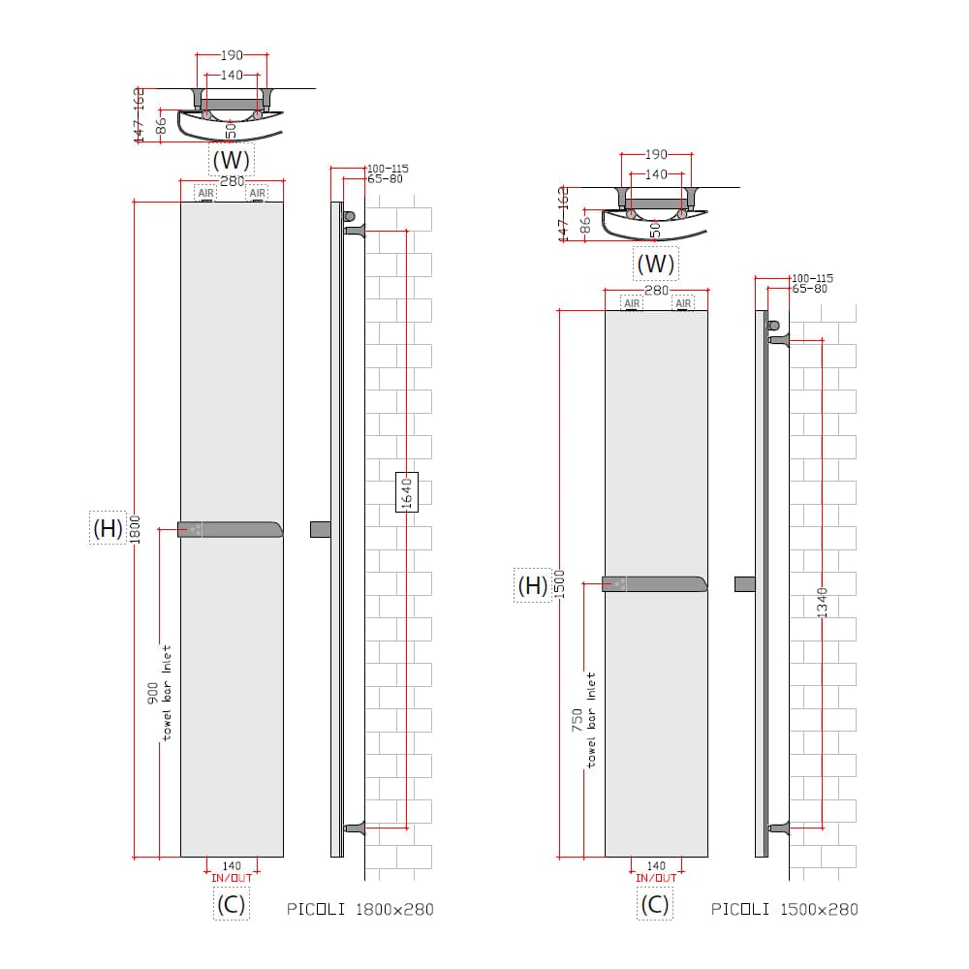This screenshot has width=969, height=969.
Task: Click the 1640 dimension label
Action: point(407,493)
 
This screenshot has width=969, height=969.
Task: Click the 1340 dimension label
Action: point(823,602)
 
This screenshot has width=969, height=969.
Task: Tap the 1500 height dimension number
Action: point(559,583)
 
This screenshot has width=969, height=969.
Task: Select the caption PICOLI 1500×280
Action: point(784,909)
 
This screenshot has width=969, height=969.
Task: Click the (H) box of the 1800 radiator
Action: point(107,528)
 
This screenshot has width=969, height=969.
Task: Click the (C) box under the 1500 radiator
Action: point(655,904)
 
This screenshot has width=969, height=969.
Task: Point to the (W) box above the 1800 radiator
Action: point(231,159)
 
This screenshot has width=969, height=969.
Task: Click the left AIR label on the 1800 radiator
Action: point(205,193)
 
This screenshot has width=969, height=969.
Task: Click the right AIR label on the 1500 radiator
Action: point(683,303)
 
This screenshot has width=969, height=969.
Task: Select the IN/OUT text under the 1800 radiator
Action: point(232,877)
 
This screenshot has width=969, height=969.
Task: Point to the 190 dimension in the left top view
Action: point(232,55)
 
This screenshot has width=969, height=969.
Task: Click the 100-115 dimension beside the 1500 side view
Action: point(812,278)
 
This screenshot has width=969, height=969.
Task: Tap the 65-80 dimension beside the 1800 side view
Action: point(385,179)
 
